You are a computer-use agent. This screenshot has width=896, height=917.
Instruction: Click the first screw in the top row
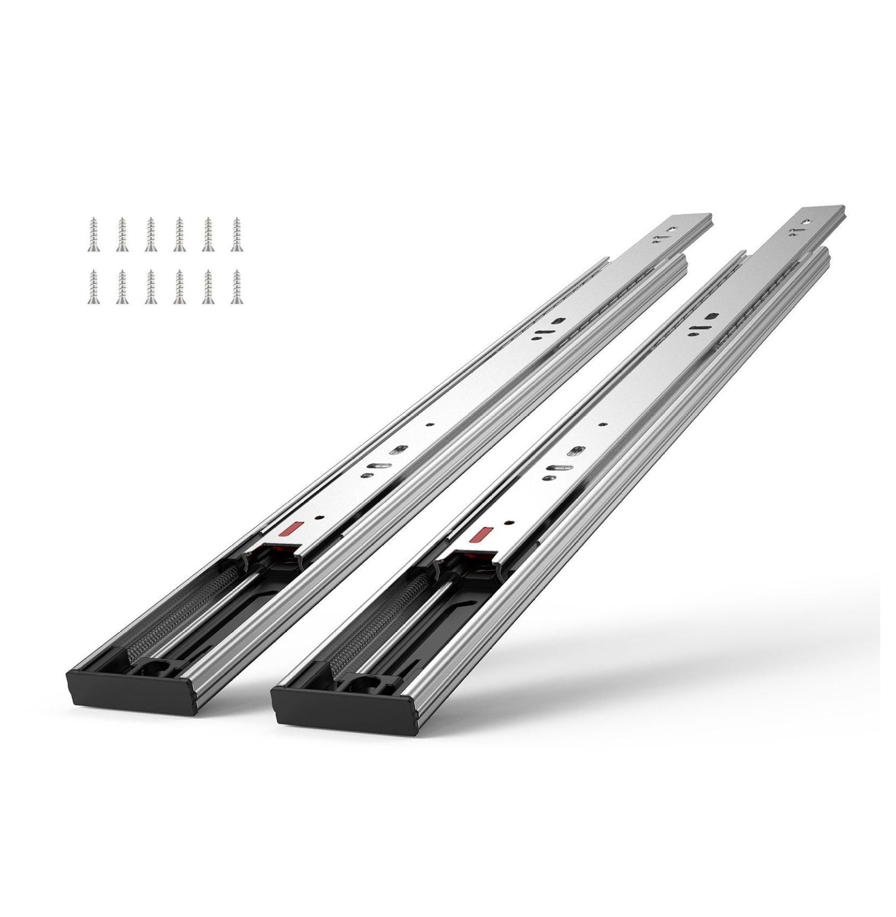pos(93,235)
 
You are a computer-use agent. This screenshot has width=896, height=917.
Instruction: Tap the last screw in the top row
pos(237,235)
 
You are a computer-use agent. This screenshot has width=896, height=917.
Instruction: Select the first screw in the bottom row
pos(93,287)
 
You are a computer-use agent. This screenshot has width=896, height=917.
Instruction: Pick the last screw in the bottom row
pos(237,287)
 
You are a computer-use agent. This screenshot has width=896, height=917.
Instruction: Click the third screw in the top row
pos(151,235)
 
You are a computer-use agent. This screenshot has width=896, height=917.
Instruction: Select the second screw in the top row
pos(122,235)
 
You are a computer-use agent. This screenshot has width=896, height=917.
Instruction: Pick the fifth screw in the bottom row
pos(208,287)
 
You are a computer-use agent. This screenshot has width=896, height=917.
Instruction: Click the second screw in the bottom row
pos(122,287)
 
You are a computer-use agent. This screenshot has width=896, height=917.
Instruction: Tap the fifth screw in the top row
pos(208,235)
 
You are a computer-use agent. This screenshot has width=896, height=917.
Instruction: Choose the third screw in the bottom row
pos(151,287)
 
